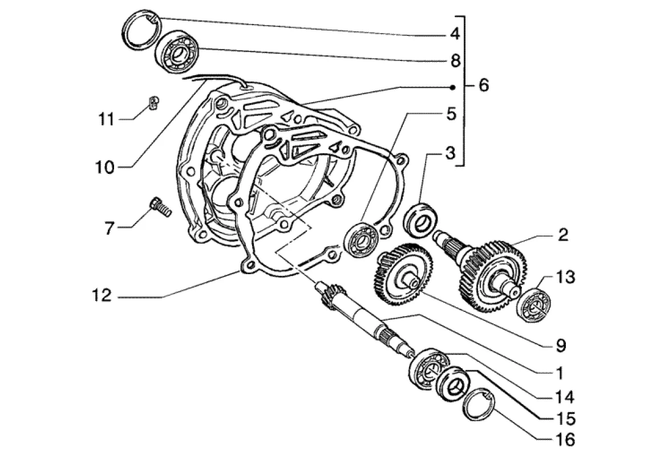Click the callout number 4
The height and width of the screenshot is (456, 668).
pos(454,34)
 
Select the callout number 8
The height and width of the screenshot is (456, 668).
pos(455,60)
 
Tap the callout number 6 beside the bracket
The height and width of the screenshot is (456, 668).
pos(483,86)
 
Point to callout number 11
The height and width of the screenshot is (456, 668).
pos(107,120)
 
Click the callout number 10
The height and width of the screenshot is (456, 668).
pos(106,168)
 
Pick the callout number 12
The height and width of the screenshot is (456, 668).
pos(106,296)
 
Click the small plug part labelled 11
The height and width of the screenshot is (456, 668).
pos(152,103)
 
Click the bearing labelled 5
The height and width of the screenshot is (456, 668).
pos(362,240)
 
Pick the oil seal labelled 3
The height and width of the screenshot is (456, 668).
pos(422,218)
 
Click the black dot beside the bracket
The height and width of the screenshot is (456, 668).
pos(452,87)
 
